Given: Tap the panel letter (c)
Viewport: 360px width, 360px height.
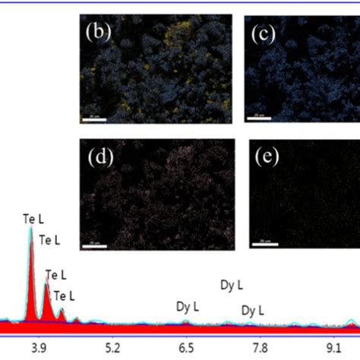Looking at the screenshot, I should [x=267, y=33].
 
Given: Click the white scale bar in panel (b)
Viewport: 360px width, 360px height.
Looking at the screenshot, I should [x=93, y=118].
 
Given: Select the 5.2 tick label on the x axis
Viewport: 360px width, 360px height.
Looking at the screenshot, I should [x=112, y=347].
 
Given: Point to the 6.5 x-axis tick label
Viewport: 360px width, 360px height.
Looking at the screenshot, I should [x=186, y=347].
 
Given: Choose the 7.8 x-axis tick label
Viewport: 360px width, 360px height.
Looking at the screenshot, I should [x=259, y=347].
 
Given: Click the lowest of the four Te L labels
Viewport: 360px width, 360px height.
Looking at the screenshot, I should [x=65, y=296].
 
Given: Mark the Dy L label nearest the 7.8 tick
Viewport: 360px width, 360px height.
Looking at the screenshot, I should [x=252, y=310].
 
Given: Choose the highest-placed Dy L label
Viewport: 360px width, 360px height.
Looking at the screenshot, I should [x=232, y=286].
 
